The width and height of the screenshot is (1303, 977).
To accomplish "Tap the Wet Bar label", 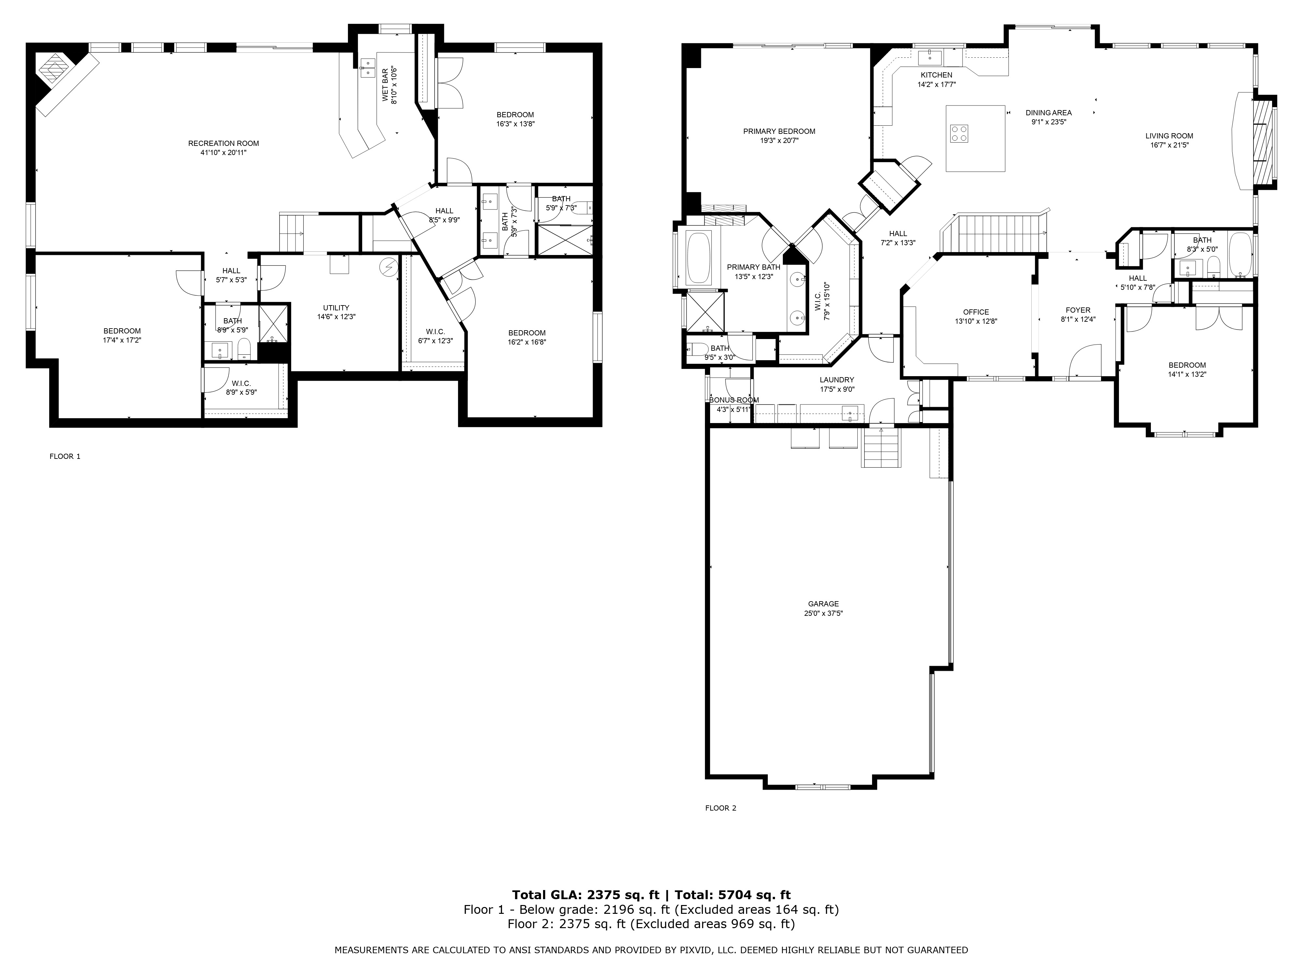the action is [x=386, y=85].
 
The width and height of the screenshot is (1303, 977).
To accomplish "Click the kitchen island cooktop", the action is [x=959, y=134].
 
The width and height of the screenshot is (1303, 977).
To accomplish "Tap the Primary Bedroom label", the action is [x=779, y=131].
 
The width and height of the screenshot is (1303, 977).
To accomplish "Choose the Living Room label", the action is [x=1169, y=136].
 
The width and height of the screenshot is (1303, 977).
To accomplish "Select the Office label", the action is [x=976, y=312].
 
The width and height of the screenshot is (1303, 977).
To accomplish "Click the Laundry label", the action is [x=837, y=380].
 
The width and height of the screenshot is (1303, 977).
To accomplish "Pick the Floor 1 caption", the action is [x=65, y=456].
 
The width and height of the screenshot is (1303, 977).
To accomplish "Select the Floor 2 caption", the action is [x=721, y=808].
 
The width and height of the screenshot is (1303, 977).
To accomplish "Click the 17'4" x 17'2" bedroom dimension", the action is [x=122, y=340].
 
